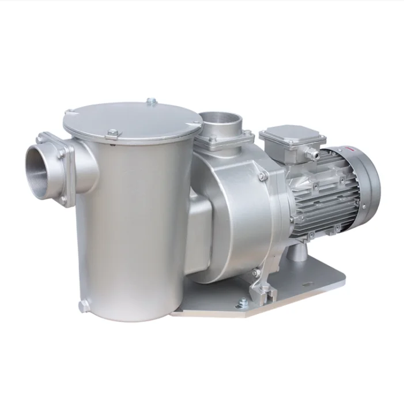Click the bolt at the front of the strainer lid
pos(112,133)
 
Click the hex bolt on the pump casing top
pos(262,176)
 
